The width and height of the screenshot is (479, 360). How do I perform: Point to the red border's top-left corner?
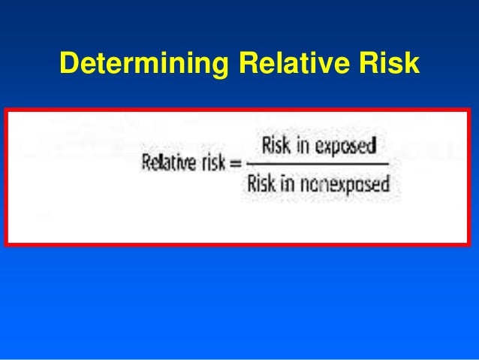(x=6, y=110)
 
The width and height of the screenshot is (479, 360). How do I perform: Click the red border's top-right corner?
(x=469, y=110)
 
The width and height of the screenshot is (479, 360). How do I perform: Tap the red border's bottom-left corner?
(x=6, y=244)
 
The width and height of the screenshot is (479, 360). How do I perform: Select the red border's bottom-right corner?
(x=469, y=244)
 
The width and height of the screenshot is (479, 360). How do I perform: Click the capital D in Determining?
(x=68, y=65)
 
